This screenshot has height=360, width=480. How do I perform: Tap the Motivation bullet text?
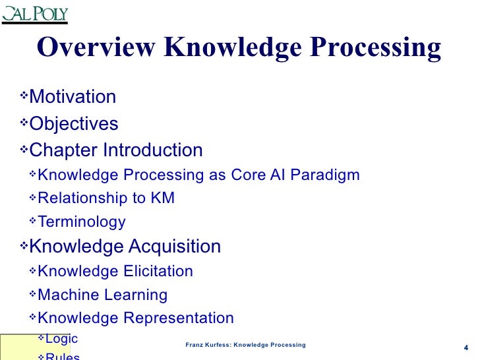73,97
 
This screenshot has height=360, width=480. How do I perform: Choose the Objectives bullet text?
74,124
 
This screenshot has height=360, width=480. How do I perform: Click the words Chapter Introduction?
116,150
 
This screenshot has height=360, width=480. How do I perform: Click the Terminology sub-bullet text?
82,222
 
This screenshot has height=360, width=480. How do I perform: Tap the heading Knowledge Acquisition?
125,247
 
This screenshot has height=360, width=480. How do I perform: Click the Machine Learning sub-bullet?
103,295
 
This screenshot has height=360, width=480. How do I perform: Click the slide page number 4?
466,348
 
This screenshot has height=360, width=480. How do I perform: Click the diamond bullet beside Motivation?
24,96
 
